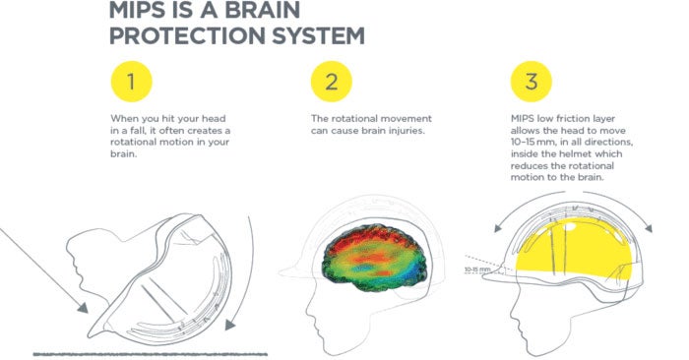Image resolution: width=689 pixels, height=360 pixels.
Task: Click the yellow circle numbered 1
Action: tap(132, 84)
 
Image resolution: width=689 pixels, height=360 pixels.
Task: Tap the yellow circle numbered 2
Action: tap(332, 84)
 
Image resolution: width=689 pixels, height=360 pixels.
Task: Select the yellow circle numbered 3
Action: tap(532, 84)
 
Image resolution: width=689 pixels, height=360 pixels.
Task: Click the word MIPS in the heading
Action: tap(146, 13)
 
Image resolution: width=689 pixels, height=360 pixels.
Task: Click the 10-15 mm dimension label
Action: tap(477, 267)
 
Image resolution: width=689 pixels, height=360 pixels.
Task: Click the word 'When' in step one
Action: tap(122, 118)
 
